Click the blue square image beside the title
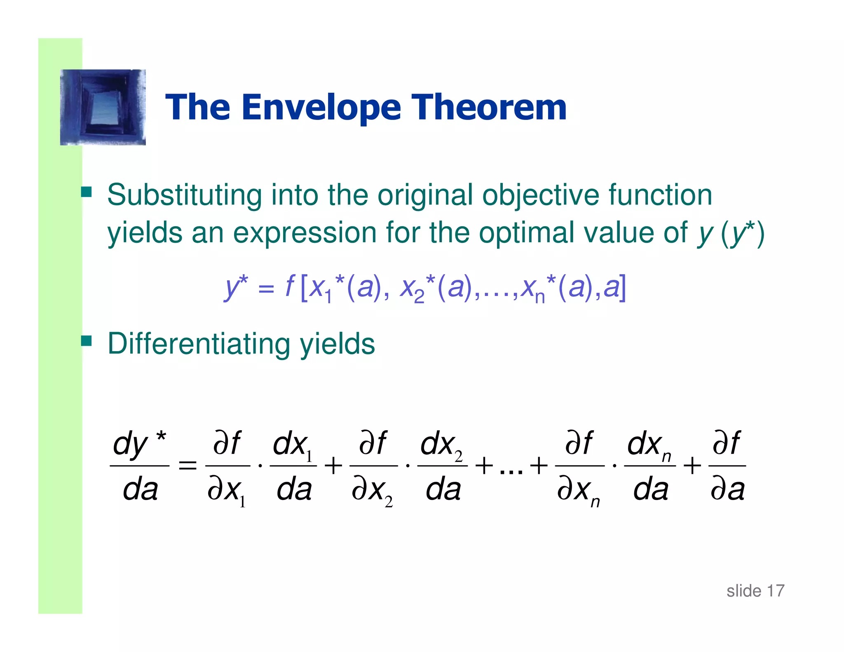[x=103, y=107]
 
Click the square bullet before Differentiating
[x=86, y=341]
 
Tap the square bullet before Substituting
[x=86, y=192]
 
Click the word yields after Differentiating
[x=338, y=344]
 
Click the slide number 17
[x=775, y=591]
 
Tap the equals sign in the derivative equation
[x=187, y=466]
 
